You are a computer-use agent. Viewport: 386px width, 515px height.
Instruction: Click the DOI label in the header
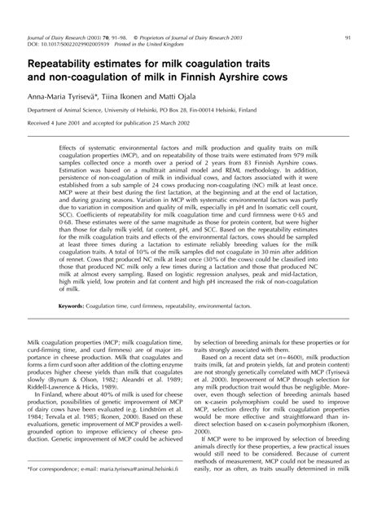point(35,22)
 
